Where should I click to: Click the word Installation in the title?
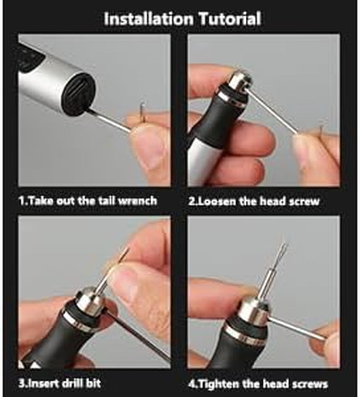pyautogui.click(x=148, y=18)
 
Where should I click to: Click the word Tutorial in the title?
pyautogui.click(x=229, y=18)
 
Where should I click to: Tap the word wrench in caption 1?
pyautogui.click(x=137, y=201)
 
